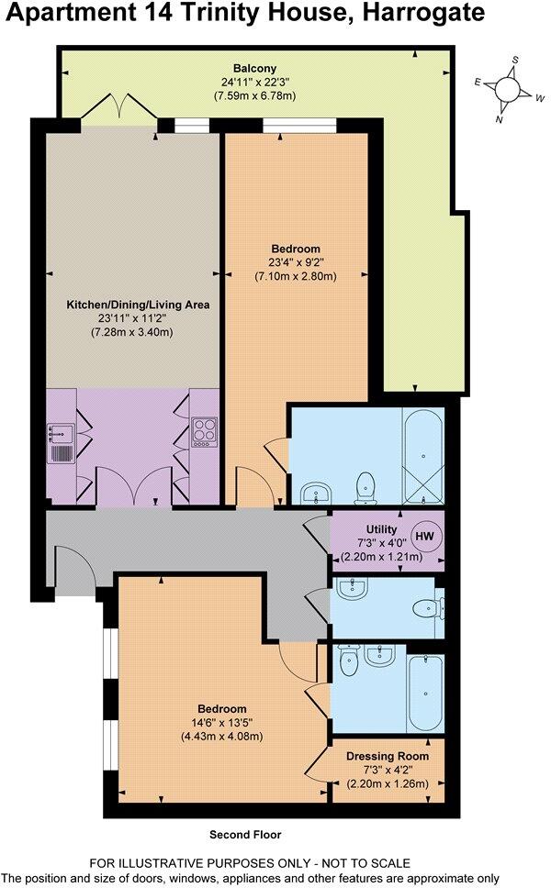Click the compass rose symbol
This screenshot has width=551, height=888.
(x=507, y=89)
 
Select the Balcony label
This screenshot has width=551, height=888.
(x=250, y=68)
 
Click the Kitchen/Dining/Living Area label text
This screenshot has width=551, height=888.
(x=138, y=305)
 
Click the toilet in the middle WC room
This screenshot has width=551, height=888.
(x=428, y=607)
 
